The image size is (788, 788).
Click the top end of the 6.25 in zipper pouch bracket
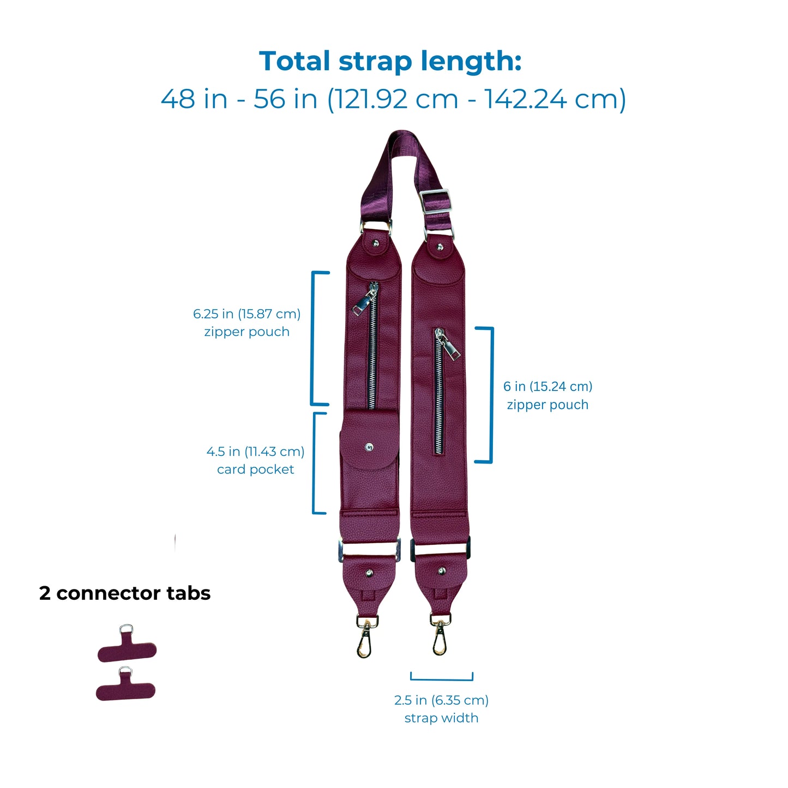pos(329,272)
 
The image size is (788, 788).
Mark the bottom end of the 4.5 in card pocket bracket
pos(326,513)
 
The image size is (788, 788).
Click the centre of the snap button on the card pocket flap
pos(369,447)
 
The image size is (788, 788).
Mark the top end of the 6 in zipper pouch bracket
pos(476,328)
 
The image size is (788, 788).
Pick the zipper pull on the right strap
pos(449,344)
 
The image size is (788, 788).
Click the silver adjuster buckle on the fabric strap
pos(434,201)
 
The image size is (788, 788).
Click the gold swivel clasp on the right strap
pos(440,634)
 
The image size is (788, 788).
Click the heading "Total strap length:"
pos(390,62)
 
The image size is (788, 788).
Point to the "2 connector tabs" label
pos(125,593)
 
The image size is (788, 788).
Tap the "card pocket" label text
pos(256,470)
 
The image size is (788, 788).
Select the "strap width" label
pos(441,718)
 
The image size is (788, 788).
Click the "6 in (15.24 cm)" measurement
pos(548,386)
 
